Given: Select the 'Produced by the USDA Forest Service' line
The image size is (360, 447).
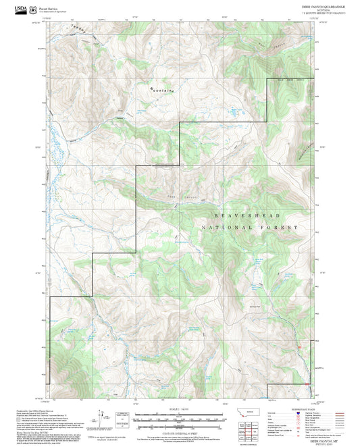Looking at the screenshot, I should pos(34,409).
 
